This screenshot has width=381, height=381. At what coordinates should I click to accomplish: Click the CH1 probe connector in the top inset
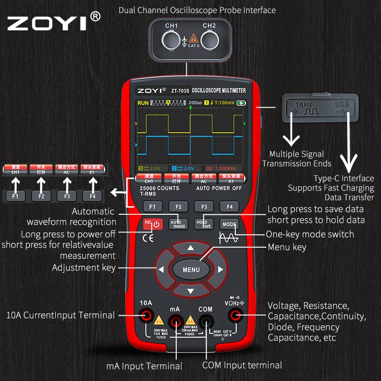171,40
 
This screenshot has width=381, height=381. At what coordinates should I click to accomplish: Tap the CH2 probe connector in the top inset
209,40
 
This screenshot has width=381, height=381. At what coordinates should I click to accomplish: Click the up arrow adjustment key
190,248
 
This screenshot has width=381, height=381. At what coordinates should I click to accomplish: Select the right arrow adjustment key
220,270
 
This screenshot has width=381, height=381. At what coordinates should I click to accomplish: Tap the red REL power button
153,223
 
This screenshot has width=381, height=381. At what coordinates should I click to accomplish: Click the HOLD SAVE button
204,223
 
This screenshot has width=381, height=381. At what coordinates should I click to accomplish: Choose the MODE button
229,224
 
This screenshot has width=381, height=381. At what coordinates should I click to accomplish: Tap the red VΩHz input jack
234,314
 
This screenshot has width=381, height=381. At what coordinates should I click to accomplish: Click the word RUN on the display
143,103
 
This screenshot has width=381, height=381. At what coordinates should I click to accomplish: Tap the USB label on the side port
342,103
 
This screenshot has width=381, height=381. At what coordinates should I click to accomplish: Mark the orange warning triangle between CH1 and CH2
193,38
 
